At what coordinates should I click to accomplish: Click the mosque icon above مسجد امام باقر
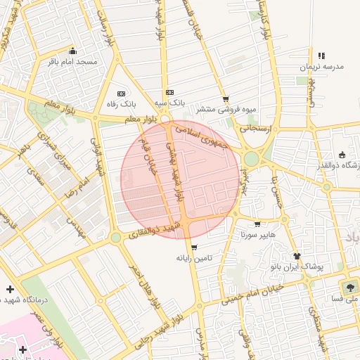tap(72, 51)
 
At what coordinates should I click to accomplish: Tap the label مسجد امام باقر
tap(72, 63)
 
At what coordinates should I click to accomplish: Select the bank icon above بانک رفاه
tap(120, 93)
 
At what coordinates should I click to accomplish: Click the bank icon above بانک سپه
tap(169, 92)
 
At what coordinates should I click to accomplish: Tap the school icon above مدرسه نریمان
tap(321, 56)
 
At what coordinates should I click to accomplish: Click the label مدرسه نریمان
tap(321, 67)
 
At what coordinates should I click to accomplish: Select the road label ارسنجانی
tap(257, 129)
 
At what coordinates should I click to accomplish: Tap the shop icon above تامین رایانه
tap(194, 247)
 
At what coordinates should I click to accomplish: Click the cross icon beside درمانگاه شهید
tap(10, 289)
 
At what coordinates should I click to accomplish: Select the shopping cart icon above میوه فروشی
tap(225, 99)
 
